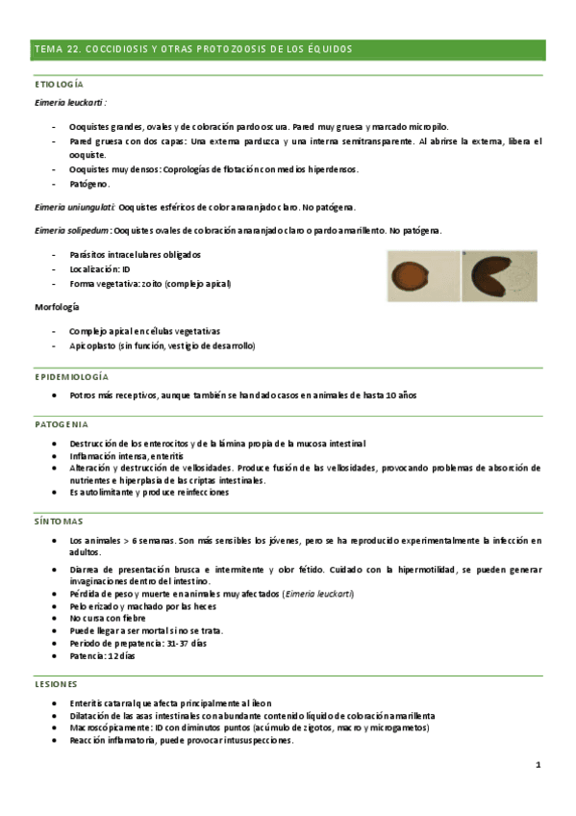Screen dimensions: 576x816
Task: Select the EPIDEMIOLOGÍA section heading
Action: [x=72, y=376]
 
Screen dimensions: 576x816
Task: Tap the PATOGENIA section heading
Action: [x=62, y=423]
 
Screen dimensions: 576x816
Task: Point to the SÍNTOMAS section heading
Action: [x=58, y=521]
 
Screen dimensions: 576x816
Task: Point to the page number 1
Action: [x=538, y=765]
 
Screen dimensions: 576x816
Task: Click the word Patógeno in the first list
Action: [x=89, y=183]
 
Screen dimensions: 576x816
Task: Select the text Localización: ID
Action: [x=100, y=269]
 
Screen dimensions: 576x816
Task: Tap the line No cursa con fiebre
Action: [x=109, y=619]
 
